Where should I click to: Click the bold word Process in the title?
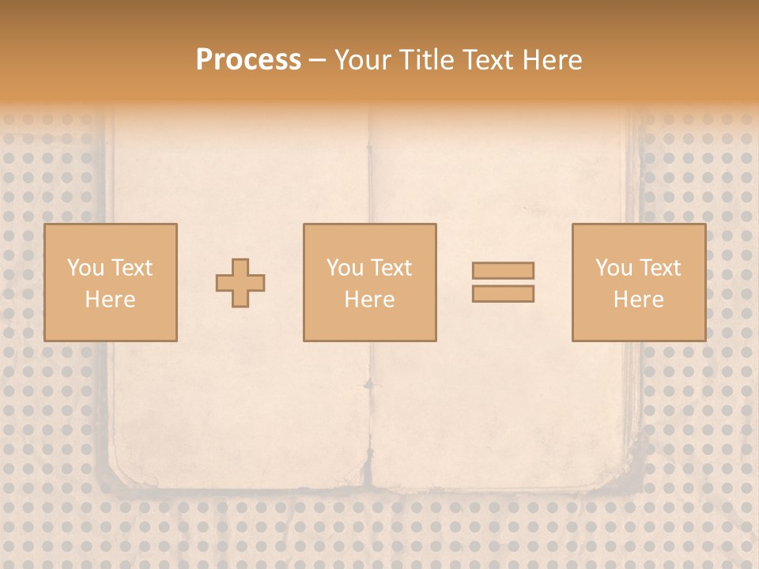coord(248,60)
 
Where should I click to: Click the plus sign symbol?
coord(240,283)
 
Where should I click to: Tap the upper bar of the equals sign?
coord(503,270)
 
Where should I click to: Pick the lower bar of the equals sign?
coord(503,294)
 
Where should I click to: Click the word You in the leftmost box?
coord(85,268)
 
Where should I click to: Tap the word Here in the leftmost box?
coord(110,300)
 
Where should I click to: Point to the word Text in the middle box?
coord(391,268)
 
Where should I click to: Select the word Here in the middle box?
coord(369,300)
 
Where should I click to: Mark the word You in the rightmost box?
coord(614,268)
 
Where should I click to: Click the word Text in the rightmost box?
coord(660,268)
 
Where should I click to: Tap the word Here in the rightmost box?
coord(638,300)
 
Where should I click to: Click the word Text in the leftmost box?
coord(132,268)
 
